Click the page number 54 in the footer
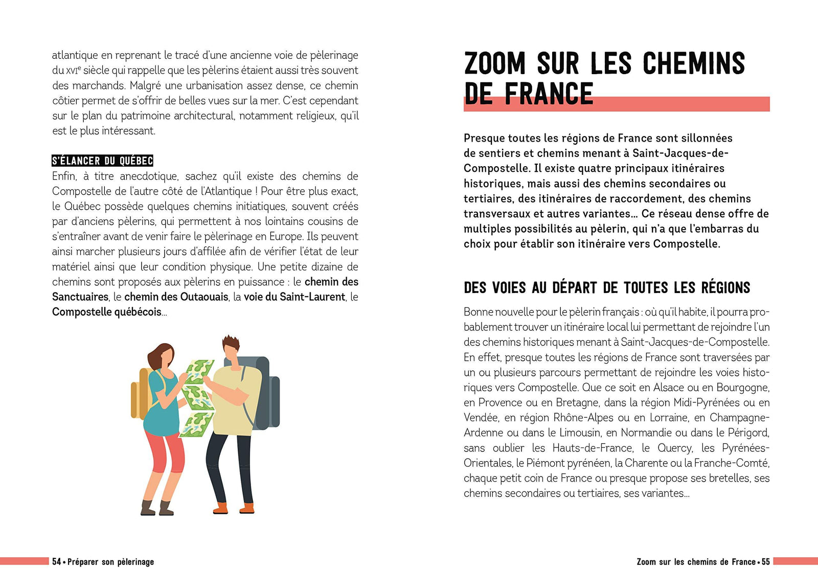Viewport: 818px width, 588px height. pos(56,562)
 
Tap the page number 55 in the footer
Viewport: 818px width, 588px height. pos(765,562)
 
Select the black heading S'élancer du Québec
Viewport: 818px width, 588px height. pos(102,161)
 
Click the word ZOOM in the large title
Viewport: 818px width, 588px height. pos(494,64)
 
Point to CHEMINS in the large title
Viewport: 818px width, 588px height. pos(693,64)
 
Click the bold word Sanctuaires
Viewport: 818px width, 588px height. pos(80,297)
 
